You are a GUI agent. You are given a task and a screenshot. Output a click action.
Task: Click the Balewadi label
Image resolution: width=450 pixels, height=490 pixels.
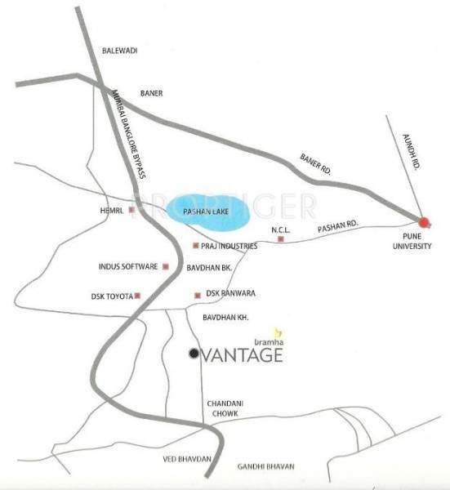[x=119, y=51]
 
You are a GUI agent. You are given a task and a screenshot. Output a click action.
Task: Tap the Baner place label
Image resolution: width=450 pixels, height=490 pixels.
[x=152, y=93]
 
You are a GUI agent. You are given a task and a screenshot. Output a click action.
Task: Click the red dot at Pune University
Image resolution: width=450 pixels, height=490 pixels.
[x=424, y=221]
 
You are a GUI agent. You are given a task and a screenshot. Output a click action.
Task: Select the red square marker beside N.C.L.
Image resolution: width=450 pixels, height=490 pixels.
[x=281, y=240]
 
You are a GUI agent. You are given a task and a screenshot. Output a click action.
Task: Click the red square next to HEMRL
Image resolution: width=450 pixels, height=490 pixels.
[x=133, y=208]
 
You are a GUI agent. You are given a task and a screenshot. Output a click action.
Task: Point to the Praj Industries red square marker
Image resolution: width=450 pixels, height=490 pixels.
[x=196, y=246]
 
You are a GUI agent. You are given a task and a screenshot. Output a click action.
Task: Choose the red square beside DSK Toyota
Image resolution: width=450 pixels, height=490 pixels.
[x=138, y=296]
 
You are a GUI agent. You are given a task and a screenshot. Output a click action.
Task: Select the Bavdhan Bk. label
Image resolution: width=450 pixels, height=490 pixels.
[x=210, y=267]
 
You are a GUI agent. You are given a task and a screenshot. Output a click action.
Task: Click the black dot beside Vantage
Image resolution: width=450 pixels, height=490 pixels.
[x=194, y=354]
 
